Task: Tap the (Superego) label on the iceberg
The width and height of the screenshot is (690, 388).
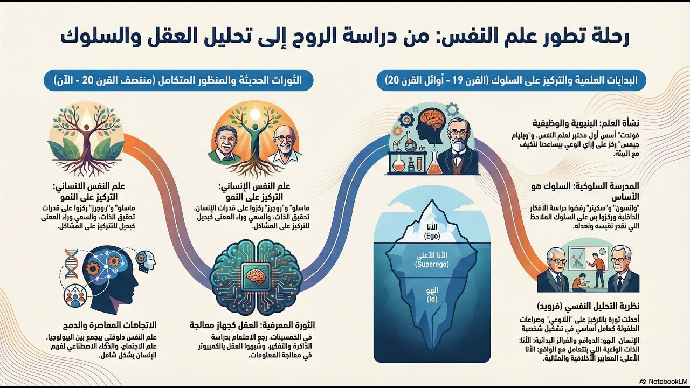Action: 432,265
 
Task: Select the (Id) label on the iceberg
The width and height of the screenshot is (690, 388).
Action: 432,299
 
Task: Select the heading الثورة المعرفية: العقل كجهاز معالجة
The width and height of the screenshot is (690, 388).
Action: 252,325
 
